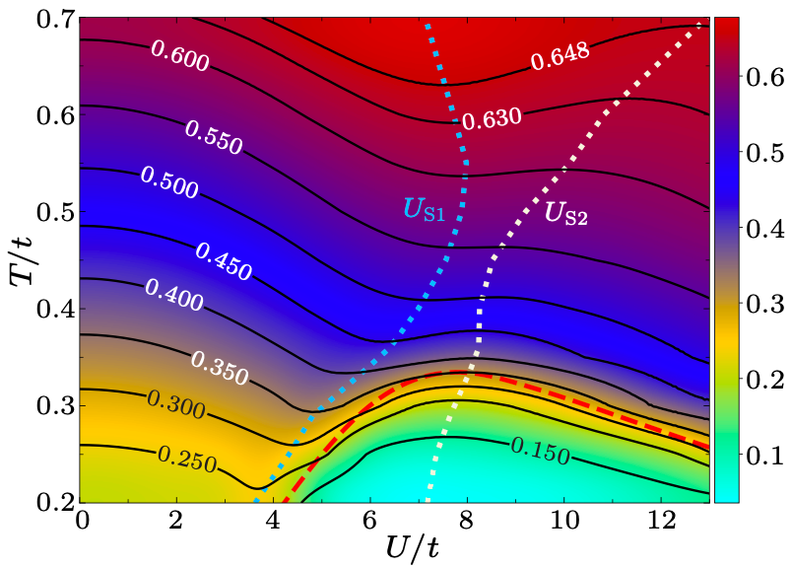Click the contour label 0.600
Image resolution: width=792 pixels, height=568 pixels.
pos(179,57)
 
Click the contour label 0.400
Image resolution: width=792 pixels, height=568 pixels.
pos(174,294)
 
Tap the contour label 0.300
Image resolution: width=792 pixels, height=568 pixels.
pos(175,404)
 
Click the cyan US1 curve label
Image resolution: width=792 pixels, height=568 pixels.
pos(430,209)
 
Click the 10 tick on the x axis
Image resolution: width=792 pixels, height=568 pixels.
pos(563,519)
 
